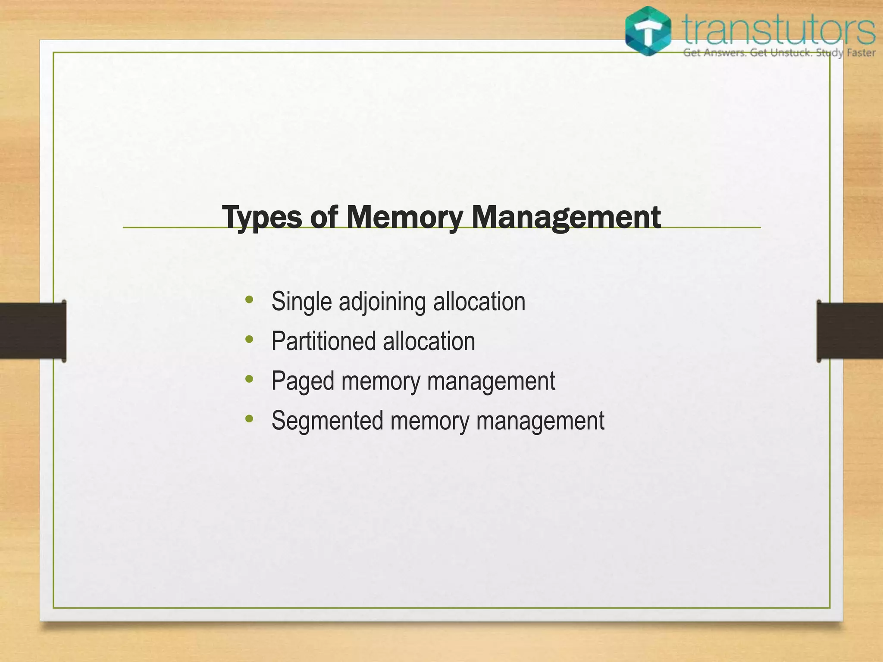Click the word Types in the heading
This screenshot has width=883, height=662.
(x=262, y=217)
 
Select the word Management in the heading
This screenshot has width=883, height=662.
(x=566, y=217)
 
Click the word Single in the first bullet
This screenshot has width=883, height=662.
(x=301, y=302)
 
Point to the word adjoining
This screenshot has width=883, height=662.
(x=382, y=302)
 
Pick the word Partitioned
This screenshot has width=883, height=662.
(x=324, y=341)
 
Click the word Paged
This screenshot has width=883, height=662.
(x=303, y=381)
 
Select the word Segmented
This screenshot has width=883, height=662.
(x=327, y=421)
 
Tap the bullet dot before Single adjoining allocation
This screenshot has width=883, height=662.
(x=249, y=300)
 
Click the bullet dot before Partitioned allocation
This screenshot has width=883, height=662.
(x=249, y=340)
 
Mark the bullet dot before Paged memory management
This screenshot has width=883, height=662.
(x=249, y=379)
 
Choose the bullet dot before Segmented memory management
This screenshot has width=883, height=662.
(x=249, y=419)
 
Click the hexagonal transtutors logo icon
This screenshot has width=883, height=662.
(x=648, y=31)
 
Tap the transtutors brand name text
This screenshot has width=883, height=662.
(x=779, y=29)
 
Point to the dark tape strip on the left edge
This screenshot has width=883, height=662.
(x=33, y=331)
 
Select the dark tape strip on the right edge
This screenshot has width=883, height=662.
(x=850, y=331)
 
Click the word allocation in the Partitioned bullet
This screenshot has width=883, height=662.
(x=429, y=341)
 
